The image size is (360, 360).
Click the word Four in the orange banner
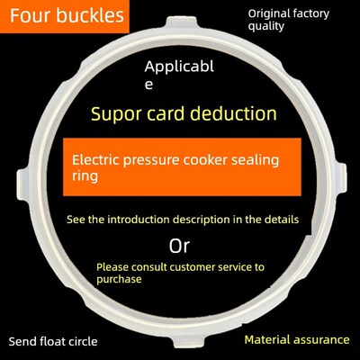[30, 15]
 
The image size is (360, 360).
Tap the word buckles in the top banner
[90, 15]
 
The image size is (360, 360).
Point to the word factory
[311, 14]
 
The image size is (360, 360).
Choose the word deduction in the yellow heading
[234, 113]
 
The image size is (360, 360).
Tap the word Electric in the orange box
[95, 159]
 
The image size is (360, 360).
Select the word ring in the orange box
[85, 176]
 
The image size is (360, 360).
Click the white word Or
[179, 247]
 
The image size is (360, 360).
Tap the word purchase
[119, 280]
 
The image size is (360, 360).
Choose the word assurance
[321, 340]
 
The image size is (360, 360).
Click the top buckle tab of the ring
[182, 23]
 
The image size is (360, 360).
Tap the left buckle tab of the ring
[23, 184]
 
